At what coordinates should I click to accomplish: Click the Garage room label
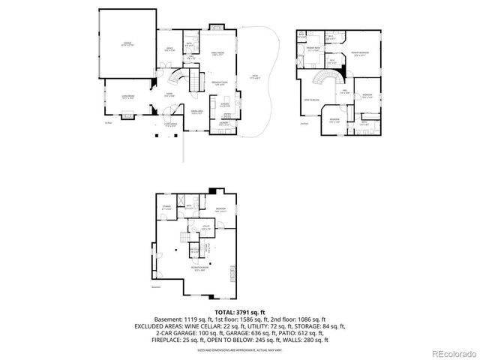click(127, 45)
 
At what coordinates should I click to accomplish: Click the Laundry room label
click(223, 124)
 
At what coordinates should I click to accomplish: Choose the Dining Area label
click(197, 112)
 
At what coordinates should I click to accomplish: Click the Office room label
click(169, 50)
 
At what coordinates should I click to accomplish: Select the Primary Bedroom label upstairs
click(360, 52)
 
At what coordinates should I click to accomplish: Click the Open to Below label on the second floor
click(311, 99)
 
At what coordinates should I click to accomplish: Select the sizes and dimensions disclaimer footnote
click(240, 350)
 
